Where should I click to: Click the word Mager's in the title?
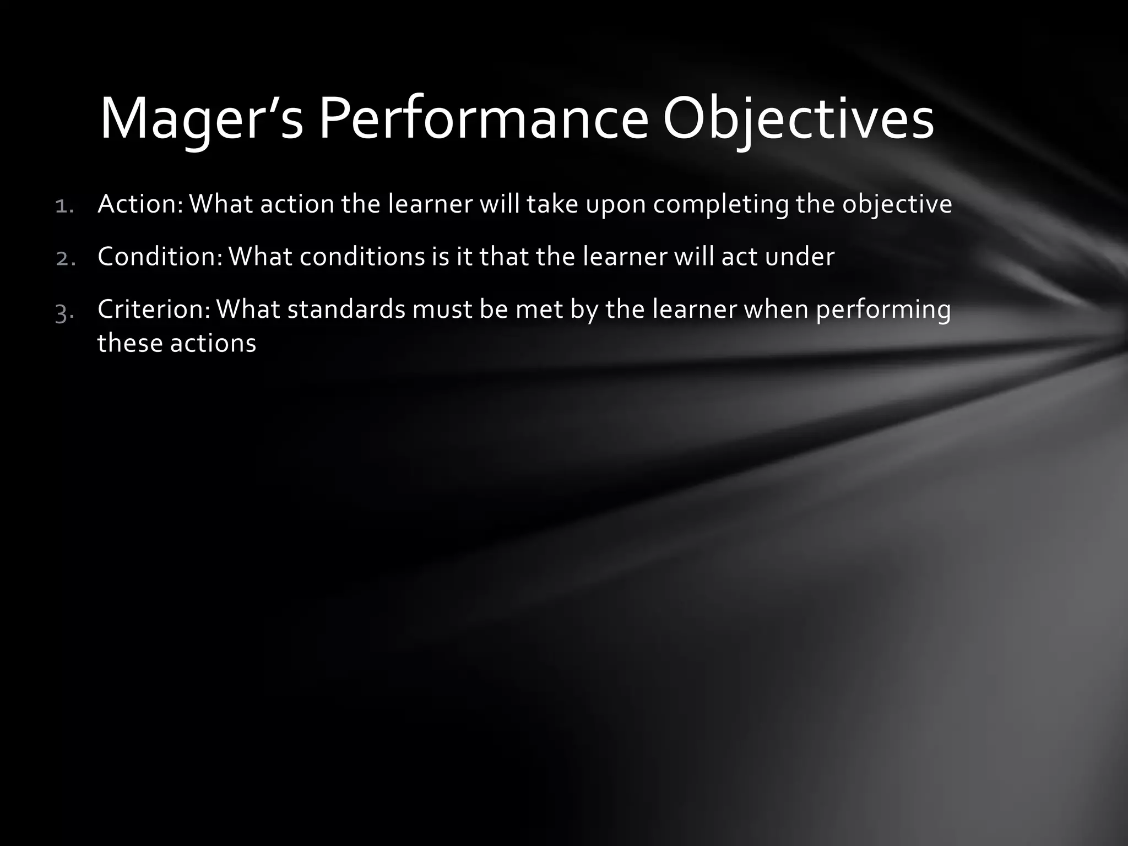click(201, 119)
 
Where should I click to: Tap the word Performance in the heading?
click(483, 119)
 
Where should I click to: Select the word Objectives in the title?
click(798, 119)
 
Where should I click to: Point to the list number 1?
click(65, 206)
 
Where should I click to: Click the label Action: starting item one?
click(140, 204)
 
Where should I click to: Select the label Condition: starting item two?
click(160, 256)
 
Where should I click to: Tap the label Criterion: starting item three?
click(154, 309)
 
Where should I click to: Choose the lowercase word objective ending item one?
click(897, 204)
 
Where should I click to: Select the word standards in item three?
click(346, 309)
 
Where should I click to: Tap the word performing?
click(883, 310)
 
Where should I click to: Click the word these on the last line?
click(129, 343)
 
